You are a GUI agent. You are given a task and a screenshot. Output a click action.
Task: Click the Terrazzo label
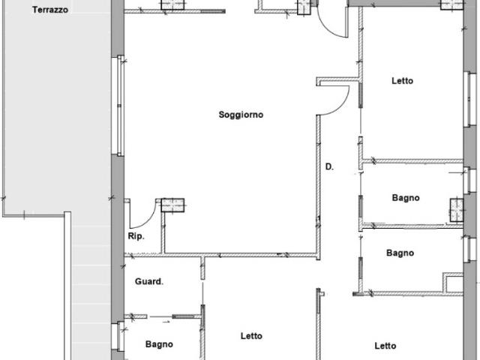tap(50, 10)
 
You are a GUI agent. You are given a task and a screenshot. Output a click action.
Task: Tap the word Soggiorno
tap(241, 115)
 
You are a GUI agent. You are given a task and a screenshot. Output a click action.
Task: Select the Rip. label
tap(136, 236)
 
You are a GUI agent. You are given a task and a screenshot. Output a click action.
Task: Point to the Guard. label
tap(149, 281)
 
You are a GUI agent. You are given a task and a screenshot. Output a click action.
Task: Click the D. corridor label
tap(329, 166)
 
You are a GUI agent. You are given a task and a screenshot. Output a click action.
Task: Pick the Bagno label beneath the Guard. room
tap(159, 344)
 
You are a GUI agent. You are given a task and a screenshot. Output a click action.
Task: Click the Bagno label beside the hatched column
tap(406, 198)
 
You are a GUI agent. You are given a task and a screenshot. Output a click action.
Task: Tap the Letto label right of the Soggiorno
tap(402, 81)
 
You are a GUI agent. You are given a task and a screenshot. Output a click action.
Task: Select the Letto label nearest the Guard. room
tap(251, 336)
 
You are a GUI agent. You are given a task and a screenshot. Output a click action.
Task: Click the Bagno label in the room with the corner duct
tap(400, 253)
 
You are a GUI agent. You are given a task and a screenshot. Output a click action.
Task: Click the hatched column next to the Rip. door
tap(172, 205)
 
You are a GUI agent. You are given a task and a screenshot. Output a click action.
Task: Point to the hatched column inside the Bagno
tap(457, 210)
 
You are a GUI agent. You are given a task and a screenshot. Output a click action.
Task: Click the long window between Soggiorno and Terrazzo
tap(121, 106)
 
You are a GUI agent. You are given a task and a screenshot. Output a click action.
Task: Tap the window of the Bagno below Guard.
tap(120, 337)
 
